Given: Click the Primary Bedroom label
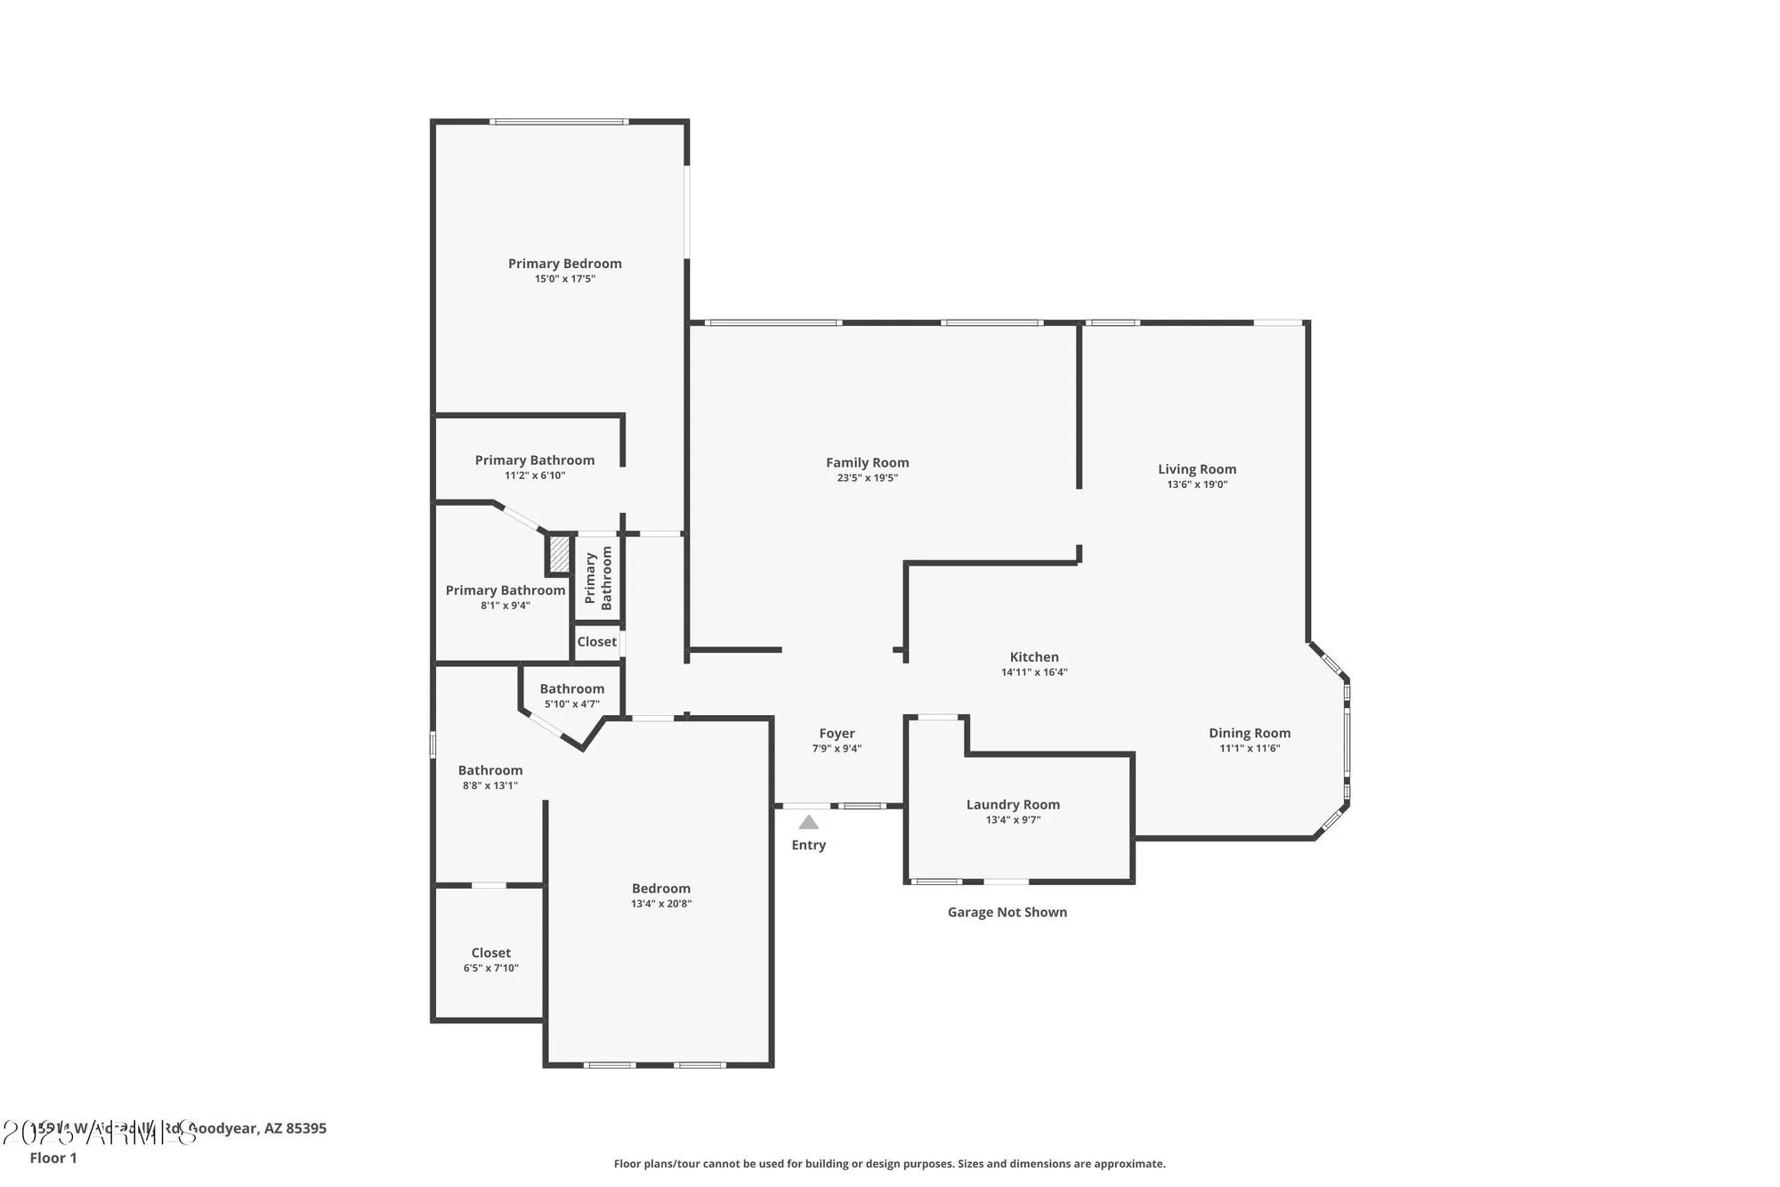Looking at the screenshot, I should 564,264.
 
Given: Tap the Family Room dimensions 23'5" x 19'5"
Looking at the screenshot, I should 867,478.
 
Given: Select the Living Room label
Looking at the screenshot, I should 1196,469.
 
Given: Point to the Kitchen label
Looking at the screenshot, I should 1033,657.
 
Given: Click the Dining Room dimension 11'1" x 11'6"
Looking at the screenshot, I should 1249,749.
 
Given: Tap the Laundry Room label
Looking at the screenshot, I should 1012,805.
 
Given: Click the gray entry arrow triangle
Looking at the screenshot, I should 808,823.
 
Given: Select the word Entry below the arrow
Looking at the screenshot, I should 808,845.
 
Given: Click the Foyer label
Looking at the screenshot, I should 837,734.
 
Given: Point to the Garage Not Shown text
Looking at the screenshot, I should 1007,912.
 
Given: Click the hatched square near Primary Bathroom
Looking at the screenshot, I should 559,554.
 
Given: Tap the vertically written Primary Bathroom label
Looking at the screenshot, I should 598,578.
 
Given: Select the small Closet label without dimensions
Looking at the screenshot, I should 596,642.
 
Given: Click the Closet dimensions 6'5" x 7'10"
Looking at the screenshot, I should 490,968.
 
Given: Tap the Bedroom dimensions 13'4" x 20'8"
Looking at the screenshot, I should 660,904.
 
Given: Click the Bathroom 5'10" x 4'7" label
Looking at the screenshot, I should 571,689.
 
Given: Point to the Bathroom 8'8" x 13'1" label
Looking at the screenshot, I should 489,771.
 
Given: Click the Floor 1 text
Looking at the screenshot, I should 53,1158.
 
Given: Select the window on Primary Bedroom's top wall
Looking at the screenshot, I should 559,122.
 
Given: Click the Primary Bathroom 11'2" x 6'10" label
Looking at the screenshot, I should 534,460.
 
